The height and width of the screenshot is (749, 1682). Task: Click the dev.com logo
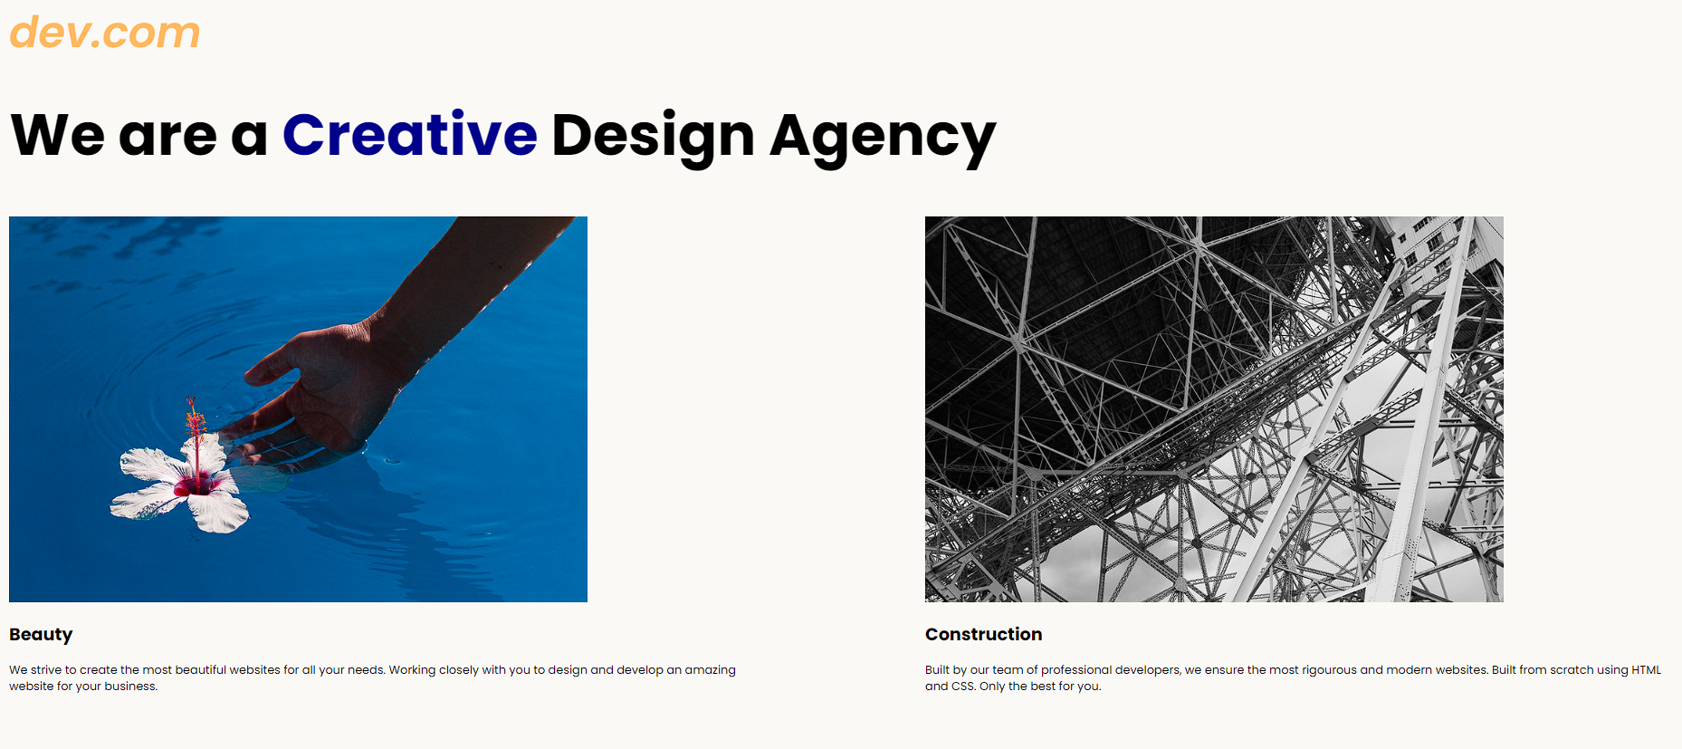pos(105,33)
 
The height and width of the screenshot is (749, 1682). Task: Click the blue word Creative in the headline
pos(410,135)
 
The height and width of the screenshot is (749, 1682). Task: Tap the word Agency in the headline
pos(883,139)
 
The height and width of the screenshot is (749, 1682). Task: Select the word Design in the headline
pos(653,139)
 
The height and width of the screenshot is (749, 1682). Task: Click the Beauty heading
pos(41,635)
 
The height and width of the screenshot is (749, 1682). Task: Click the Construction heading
pos(983,634)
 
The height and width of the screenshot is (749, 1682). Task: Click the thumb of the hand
pos(272,362)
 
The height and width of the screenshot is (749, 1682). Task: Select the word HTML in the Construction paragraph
pos(1646,670)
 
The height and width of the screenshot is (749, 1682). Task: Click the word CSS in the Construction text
pos(963,687)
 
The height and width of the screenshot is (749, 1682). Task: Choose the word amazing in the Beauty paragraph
pos(710,671)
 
